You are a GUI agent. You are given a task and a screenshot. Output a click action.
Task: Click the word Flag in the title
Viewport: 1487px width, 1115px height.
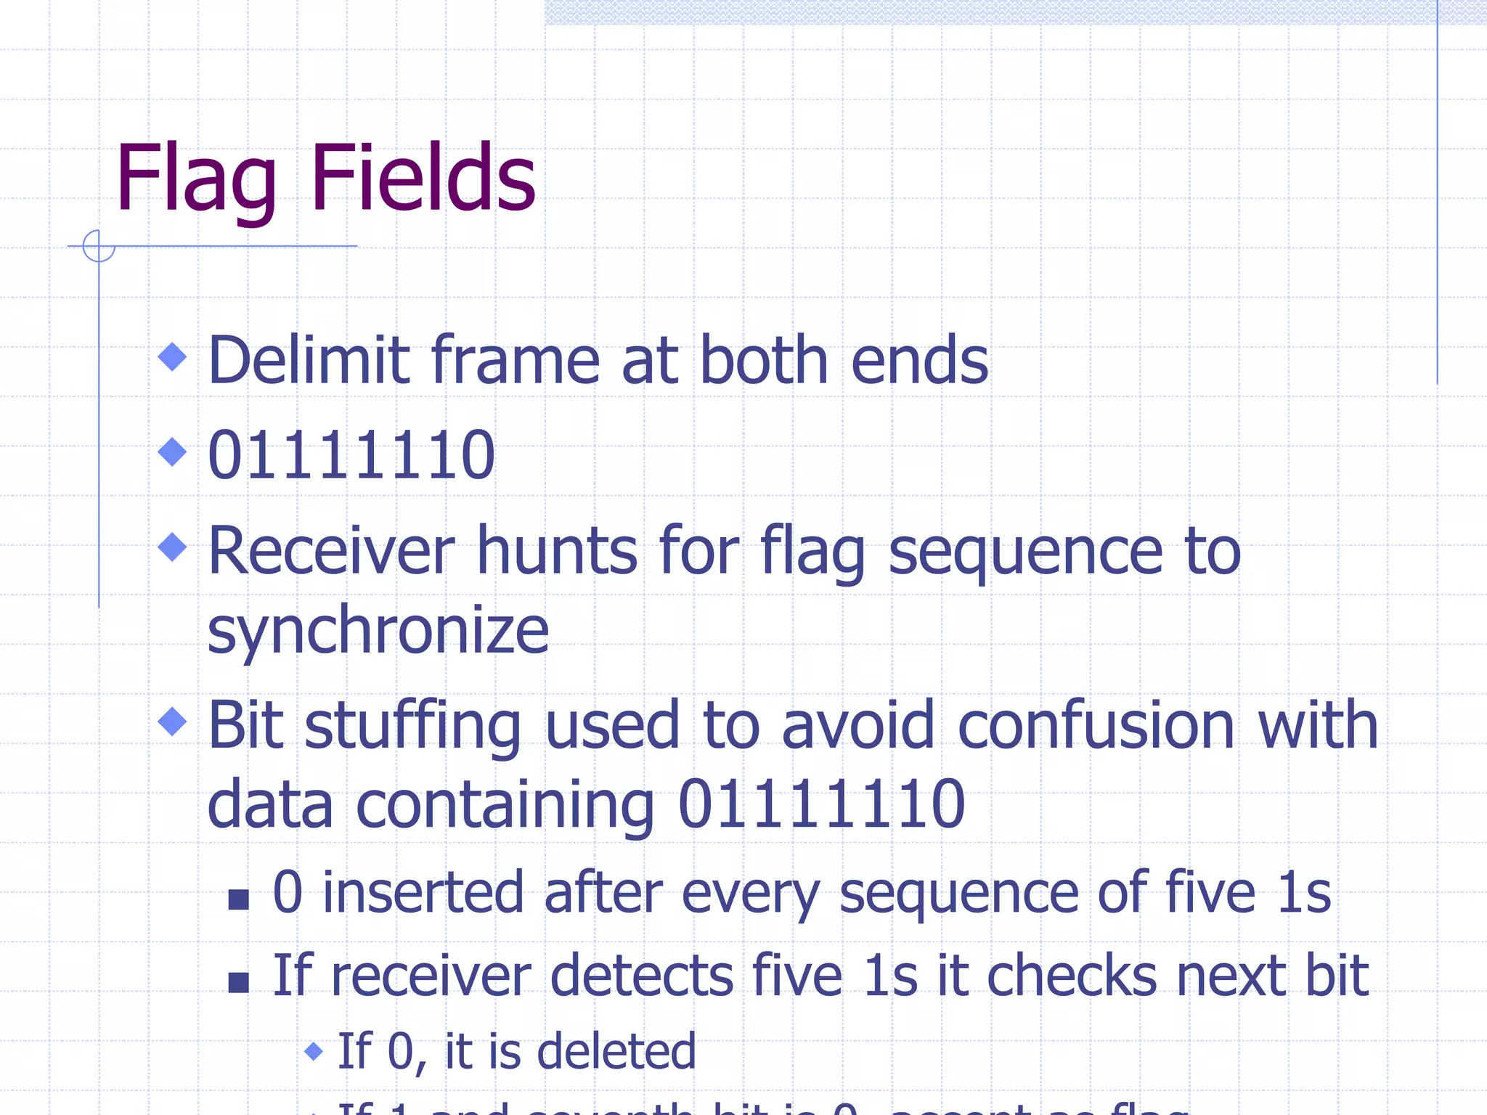tap(196, 180)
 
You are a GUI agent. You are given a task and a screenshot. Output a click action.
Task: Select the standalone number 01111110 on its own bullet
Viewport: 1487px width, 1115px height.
tap(351, 455)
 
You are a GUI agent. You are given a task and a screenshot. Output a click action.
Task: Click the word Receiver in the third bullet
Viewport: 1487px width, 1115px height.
tap(331, 552)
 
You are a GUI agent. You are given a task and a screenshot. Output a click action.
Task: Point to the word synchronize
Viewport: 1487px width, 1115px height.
tap(378, 630)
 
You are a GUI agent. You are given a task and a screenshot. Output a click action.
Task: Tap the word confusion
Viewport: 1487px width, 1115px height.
tap(1096, 726)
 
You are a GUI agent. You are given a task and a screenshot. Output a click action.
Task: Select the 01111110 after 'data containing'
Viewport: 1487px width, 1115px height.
tap(821, 804)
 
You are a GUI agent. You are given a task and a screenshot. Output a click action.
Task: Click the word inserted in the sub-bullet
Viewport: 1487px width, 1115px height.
tap(423, 893)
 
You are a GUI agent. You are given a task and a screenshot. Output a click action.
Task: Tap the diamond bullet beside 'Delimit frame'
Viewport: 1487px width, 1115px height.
tap(173, 356)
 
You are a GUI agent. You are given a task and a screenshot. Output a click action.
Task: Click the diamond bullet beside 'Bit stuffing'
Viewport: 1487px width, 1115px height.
tap(173, 722)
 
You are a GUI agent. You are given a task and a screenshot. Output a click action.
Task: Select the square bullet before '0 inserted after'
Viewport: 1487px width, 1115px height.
tap(238, 899)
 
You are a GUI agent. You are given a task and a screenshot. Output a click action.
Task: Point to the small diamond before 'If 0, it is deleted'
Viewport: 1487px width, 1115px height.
tap(314, 1050)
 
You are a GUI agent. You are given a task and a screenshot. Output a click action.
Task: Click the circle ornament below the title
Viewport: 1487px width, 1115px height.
tap(99, 245)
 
